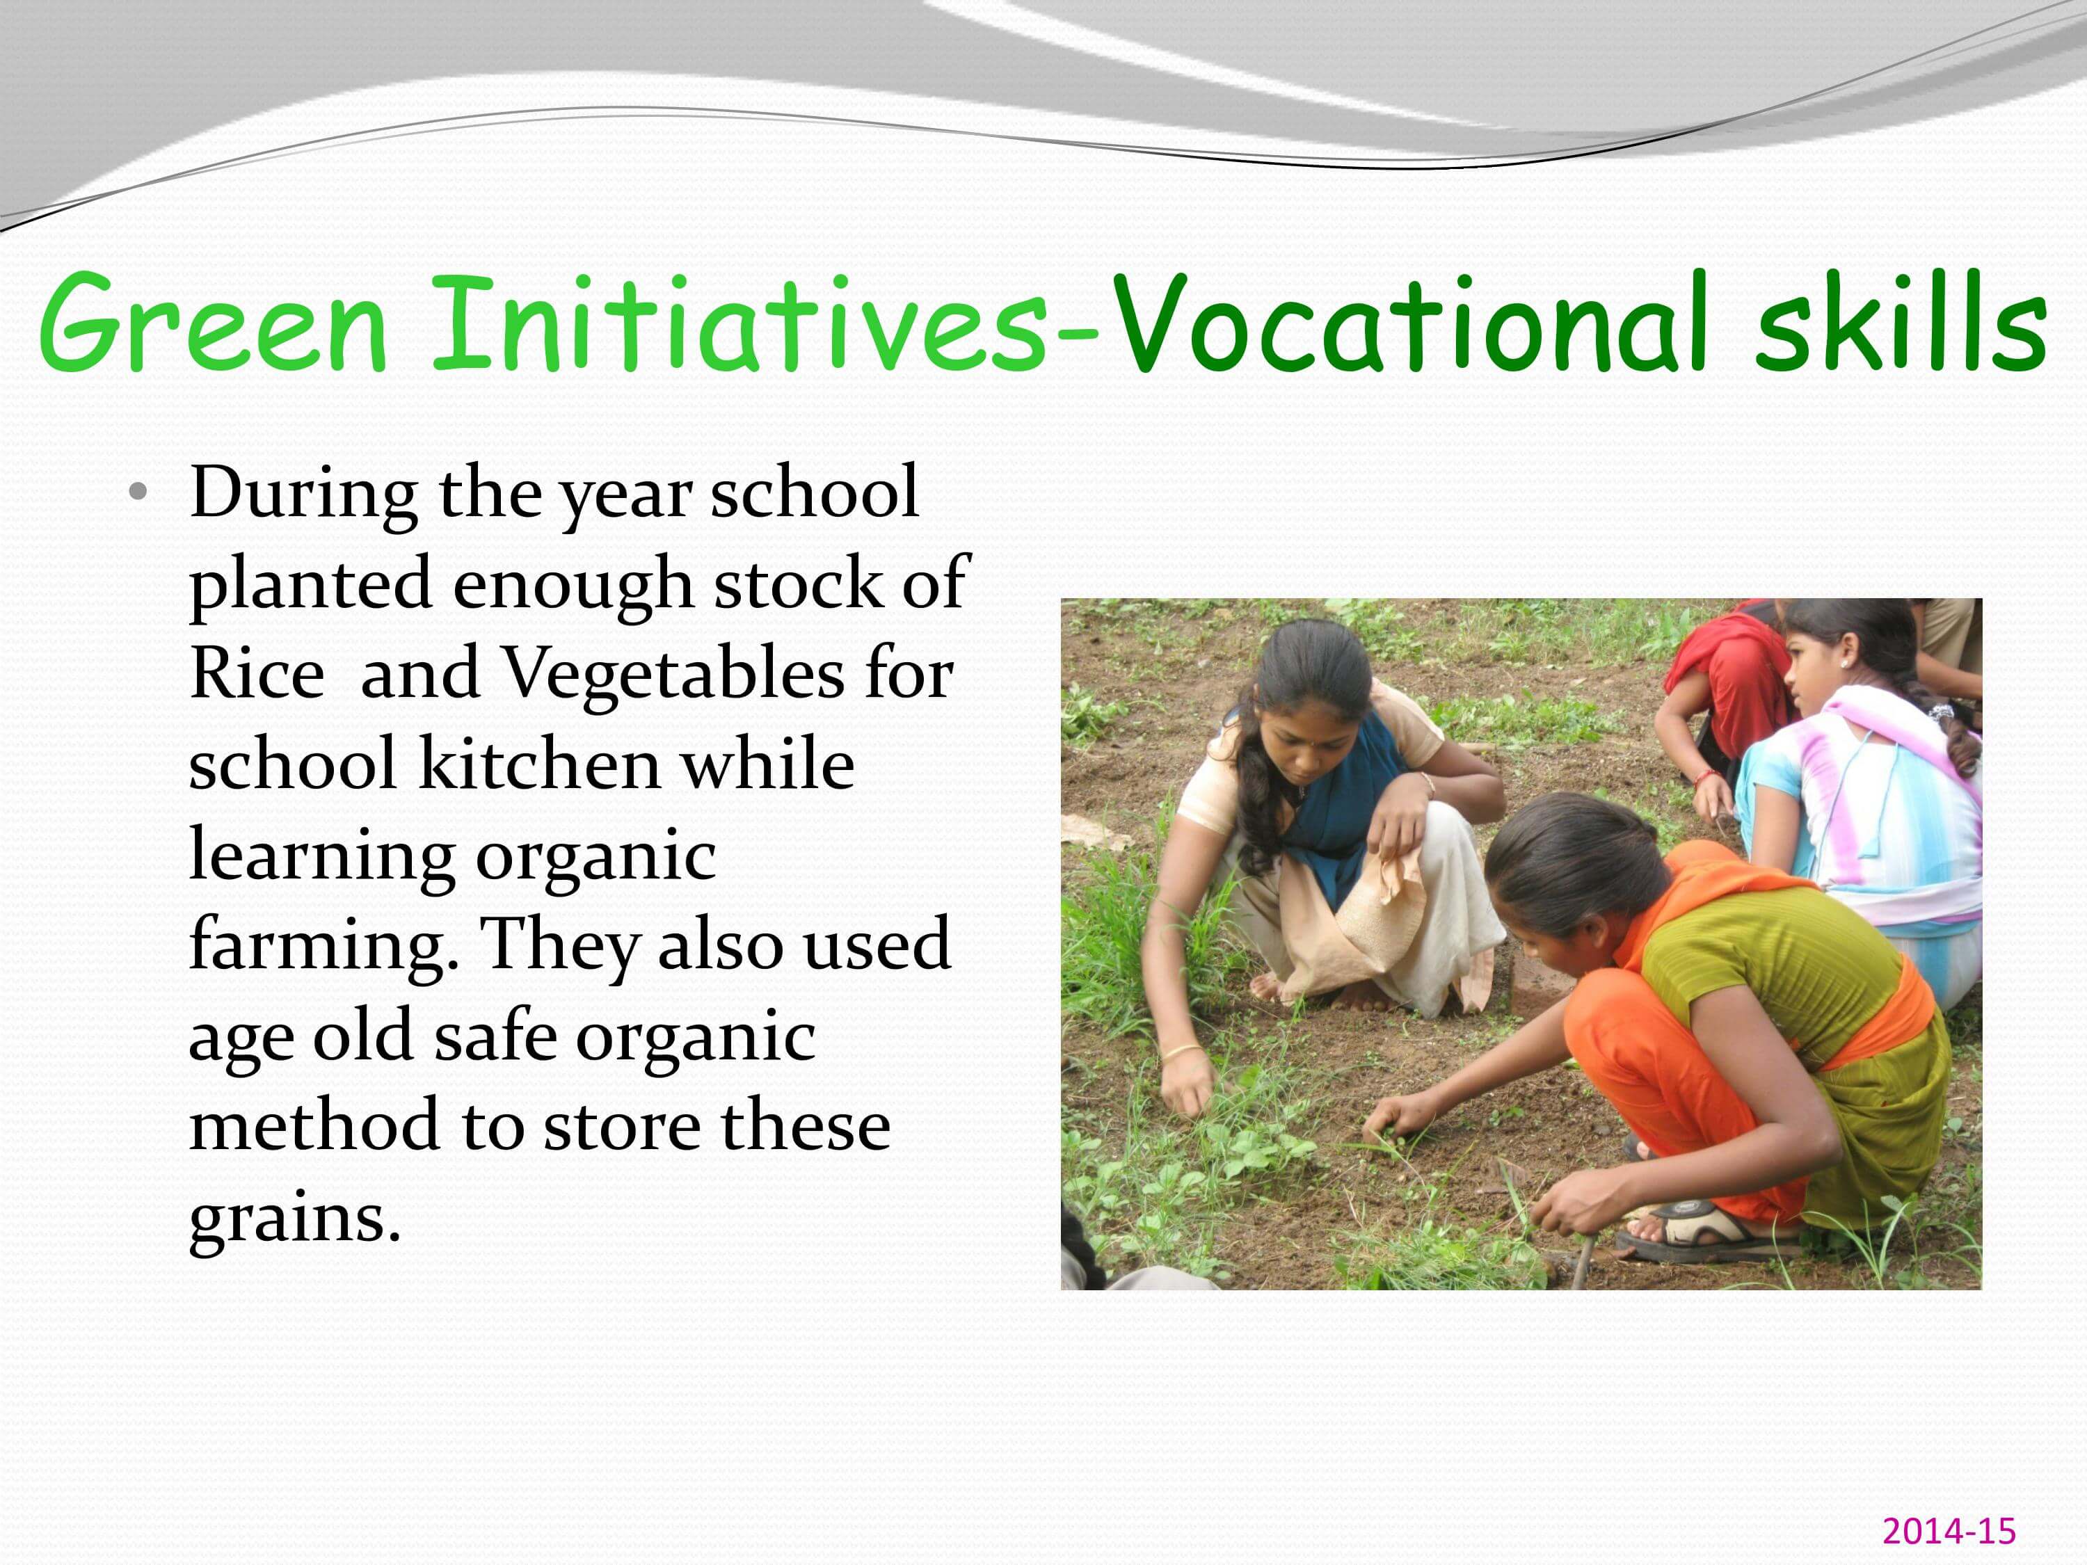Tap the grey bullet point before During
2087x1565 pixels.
point(138,492)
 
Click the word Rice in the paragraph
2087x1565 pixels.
point(257,675)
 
